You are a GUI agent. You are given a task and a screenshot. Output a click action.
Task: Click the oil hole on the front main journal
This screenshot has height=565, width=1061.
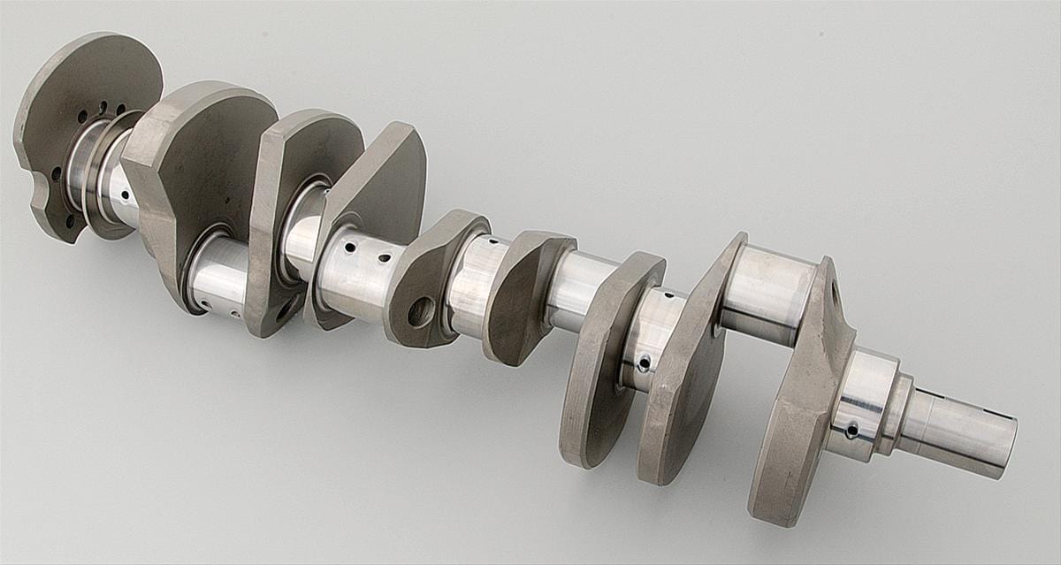tap(851, 431)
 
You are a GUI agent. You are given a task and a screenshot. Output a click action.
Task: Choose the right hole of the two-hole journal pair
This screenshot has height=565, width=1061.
tap(385, 258)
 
